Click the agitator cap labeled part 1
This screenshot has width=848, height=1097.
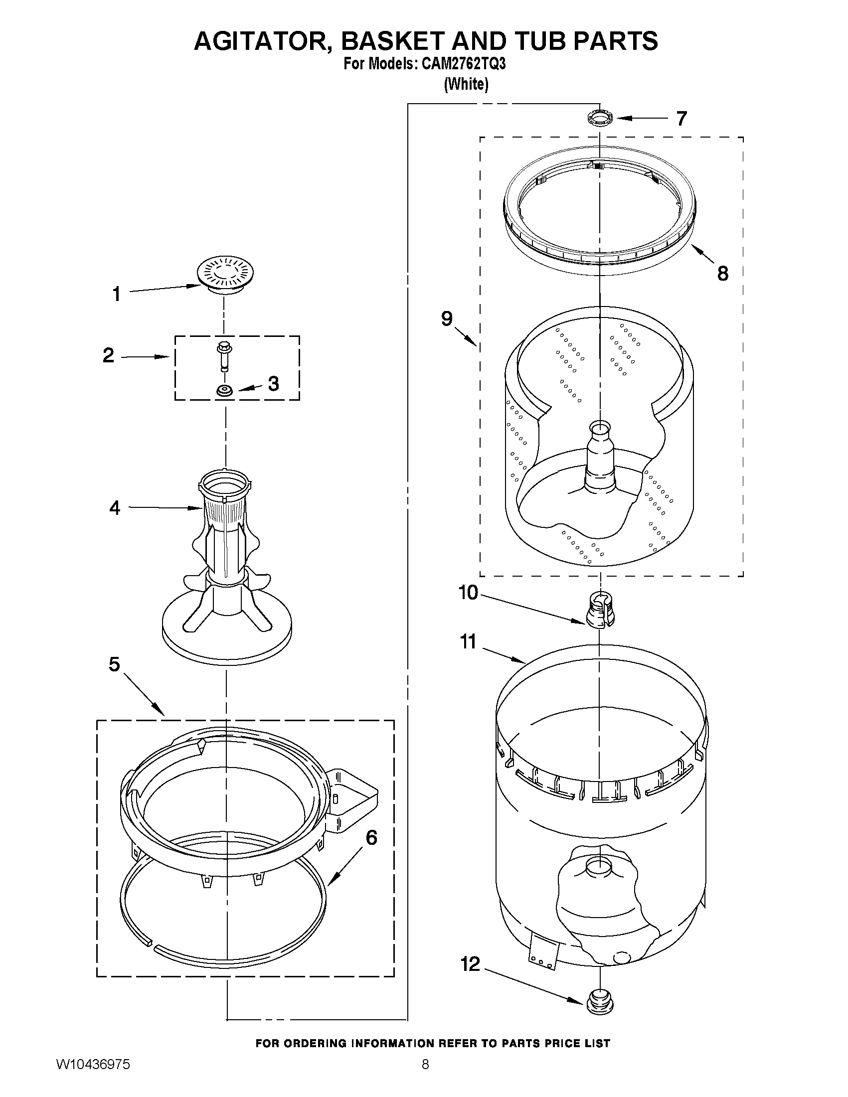[x=224, y=275]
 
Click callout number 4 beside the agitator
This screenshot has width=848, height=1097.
[x=115, y=508]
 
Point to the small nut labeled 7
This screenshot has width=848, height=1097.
[x=600, y=119]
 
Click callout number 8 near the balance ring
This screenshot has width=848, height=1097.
[x=722, y=273]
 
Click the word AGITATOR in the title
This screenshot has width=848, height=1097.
[x=262, y=41]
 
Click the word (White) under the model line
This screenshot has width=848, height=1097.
[x=466, y=84]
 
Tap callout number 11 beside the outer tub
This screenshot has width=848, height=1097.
[x=468, y=641]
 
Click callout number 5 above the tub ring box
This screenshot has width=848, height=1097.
[x=115, y=664]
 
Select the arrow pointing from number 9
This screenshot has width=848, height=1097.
[x=466, y=336]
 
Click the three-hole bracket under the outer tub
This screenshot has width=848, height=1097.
[x=543, y=956]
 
